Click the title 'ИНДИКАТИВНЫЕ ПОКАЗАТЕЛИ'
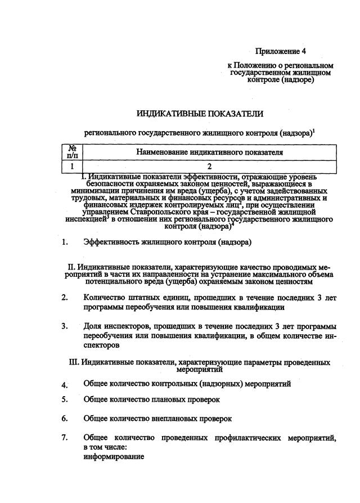200,114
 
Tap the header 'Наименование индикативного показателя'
209,152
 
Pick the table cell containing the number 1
72,167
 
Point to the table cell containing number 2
209,167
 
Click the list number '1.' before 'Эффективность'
65,242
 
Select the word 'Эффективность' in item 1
112,242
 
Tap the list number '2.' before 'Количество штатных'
65,298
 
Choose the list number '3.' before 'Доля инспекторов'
65,326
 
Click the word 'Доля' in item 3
93,326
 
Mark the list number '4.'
65,385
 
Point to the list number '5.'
65,399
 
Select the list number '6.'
65,419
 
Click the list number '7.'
65,438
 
